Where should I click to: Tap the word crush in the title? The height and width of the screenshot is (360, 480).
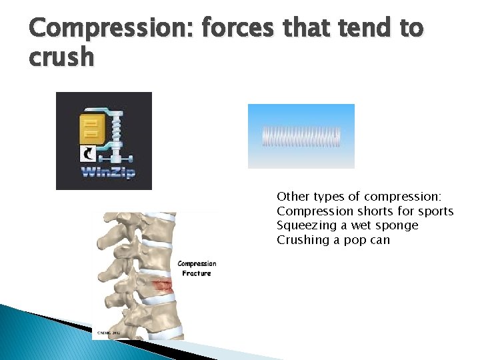tap(61, 57)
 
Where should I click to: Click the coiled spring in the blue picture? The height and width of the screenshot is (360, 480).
tap(301, 136)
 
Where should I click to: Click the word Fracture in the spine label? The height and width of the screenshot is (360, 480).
tap(197, 273)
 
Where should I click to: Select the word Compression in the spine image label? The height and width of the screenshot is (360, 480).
tap(197, 264)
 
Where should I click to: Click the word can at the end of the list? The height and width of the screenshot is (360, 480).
tap(379, 240)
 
